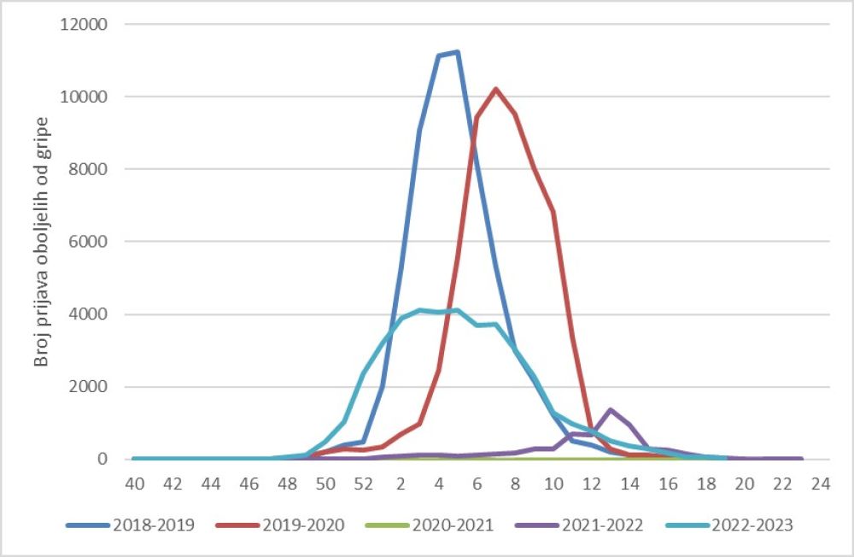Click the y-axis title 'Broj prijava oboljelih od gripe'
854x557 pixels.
point(41,243)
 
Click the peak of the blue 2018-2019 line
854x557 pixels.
point(458,52)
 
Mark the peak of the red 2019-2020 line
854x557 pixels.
point(496,89)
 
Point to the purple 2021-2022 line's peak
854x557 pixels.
point(611,410)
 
